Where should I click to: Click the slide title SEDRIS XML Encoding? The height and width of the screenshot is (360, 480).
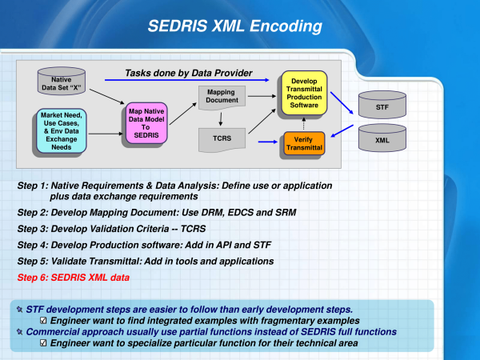[234, 26]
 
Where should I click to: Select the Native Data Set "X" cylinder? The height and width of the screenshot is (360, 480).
[62, 81]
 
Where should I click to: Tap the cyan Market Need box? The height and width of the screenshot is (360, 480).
[62, 130]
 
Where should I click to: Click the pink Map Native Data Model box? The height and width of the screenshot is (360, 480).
[146, 123]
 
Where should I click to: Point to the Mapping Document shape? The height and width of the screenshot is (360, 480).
[222, 98]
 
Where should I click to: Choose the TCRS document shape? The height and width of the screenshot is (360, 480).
[222, 139]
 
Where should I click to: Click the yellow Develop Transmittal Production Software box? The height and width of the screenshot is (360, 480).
[304, 93]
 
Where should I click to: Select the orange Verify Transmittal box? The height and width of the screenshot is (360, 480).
[304, 143]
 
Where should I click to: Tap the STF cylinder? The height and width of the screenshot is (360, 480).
[382, 105]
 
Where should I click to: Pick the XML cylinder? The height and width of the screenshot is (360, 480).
[382, 138]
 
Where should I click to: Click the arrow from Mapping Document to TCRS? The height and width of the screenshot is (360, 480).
[221, 119]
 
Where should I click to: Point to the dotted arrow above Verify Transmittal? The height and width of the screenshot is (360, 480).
[304, 123]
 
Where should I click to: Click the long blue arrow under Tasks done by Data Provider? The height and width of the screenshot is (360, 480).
[186, 80]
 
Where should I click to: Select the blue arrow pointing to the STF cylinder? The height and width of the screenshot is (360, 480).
[342, 103]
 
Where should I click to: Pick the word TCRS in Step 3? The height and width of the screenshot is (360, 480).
[193, 229]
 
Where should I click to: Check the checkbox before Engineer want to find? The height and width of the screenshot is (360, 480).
[43, 321]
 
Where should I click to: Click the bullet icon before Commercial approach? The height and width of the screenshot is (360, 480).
[19, 332]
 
